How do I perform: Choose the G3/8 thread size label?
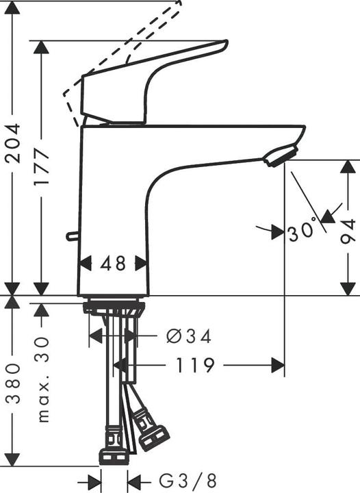(x=179, y=480)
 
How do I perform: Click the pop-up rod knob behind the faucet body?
(x=70, y=237)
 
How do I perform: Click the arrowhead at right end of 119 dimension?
(x=277, y=365)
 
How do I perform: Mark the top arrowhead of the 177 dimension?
(x=42, y=49)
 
